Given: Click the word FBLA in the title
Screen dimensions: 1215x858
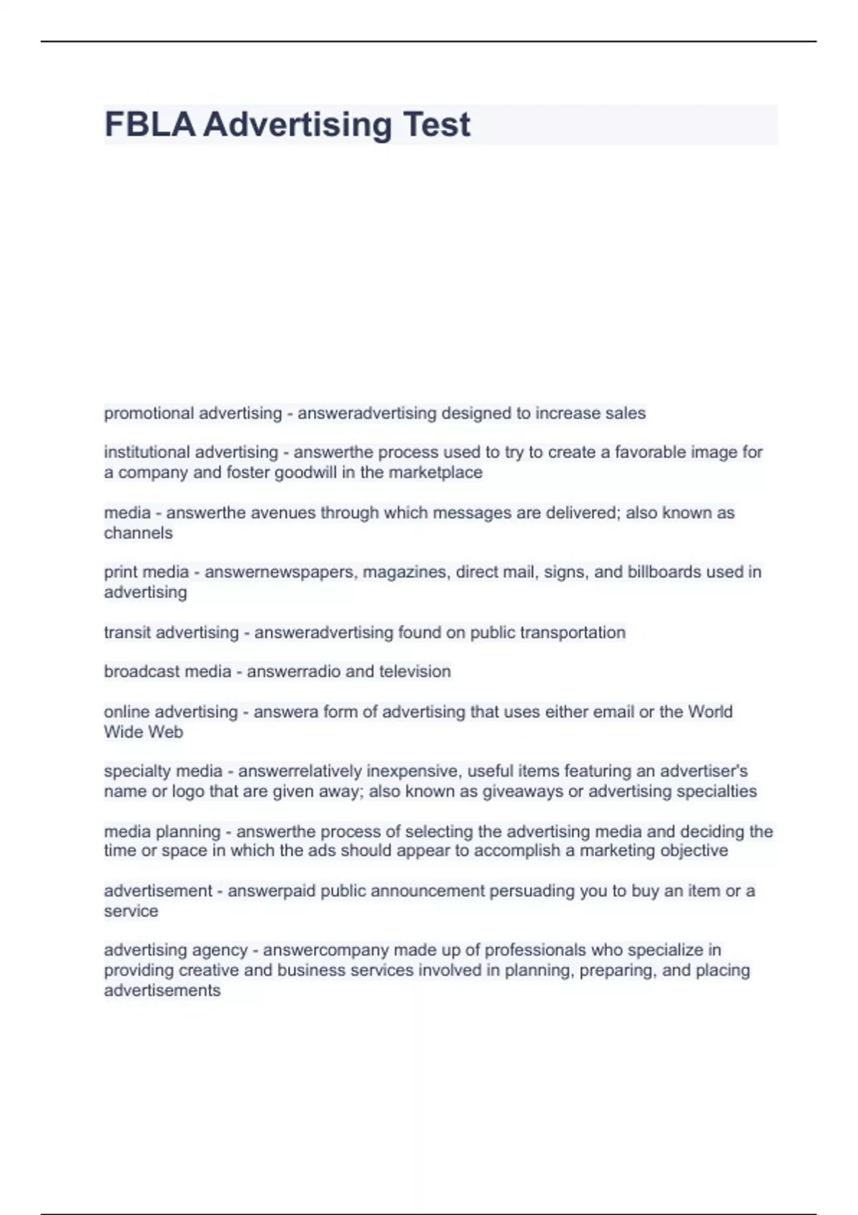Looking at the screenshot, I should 149,124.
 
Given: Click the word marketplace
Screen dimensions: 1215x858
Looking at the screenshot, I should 435,472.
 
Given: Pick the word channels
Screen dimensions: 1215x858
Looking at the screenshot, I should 138,533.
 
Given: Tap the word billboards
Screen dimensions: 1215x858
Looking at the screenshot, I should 664,572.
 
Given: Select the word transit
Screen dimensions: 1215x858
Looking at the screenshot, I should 127,633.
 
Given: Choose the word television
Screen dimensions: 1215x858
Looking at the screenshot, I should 415,672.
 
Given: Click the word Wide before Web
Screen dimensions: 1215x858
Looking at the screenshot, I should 123,732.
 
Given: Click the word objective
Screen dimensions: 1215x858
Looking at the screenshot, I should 694,850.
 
